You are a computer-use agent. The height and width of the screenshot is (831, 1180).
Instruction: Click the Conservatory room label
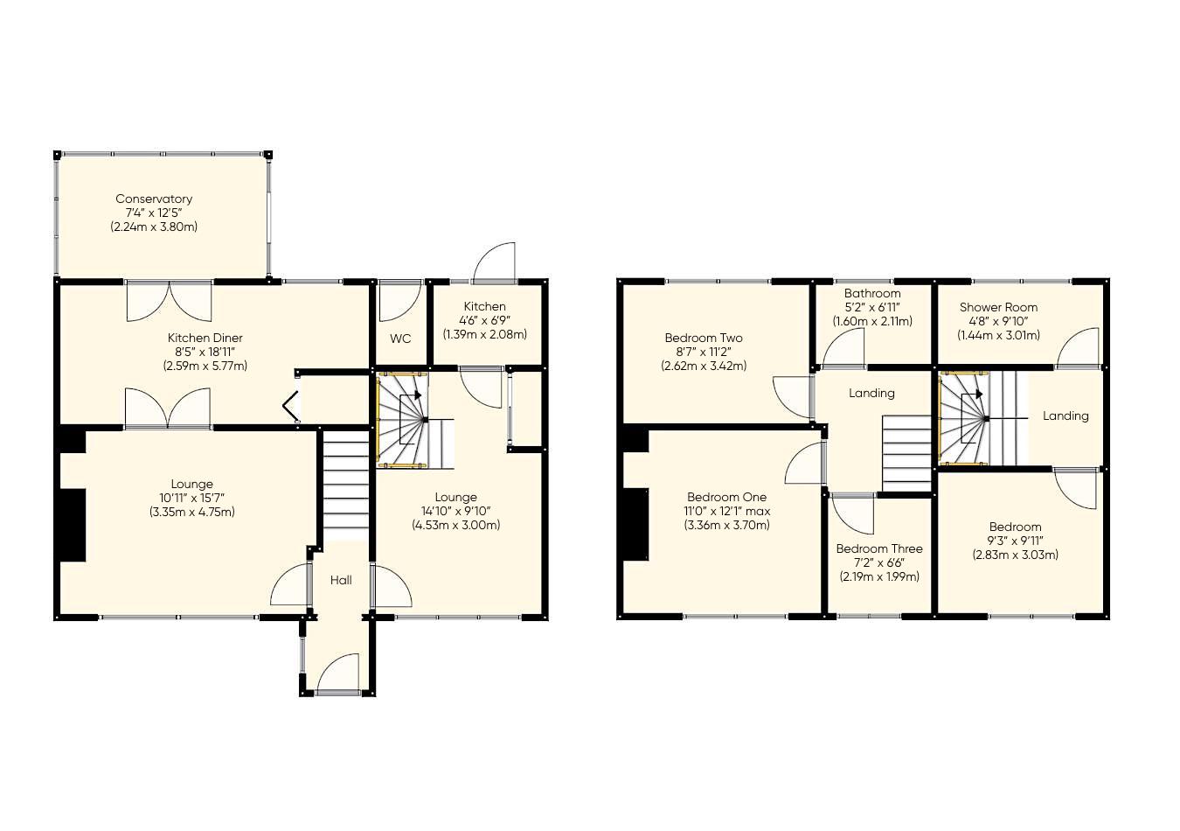click(154, 199)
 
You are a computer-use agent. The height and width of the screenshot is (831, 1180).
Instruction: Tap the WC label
click(400, 339)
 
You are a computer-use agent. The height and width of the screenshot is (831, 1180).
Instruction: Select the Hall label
click(341, 580)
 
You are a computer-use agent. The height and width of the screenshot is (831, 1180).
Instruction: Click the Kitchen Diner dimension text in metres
click(205, 366)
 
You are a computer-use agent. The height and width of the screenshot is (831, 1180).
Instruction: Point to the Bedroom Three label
click(878, 548)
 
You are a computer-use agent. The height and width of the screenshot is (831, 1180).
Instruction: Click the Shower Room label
click(998, 307)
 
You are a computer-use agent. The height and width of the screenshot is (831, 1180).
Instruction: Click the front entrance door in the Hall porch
click(338, 674)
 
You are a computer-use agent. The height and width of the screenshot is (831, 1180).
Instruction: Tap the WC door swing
click(399, 301)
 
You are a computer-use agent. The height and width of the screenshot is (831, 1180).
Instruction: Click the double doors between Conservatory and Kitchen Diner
click(170, 300)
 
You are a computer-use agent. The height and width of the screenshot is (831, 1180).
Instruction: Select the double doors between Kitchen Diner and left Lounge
click(168, 409)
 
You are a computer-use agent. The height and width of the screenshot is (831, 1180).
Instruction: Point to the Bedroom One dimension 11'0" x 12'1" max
click(727, 511)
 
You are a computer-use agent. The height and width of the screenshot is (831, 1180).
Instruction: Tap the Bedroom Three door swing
click(853, 514)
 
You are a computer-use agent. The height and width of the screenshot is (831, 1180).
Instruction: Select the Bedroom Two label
click(704, 338)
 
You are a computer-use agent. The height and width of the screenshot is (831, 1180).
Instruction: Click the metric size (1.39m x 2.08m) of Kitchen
click(484, 334)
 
